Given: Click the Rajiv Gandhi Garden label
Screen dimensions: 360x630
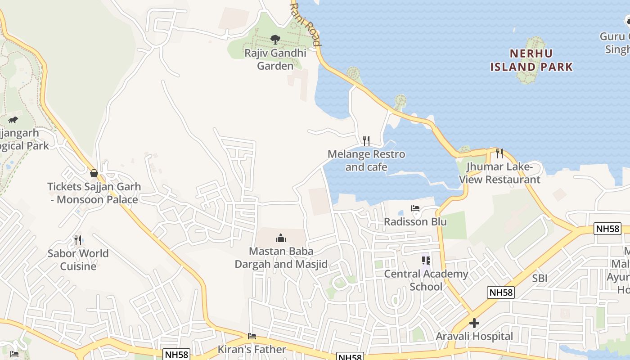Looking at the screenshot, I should point(275,59).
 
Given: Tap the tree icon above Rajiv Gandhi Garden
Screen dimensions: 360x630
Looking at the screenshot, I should point(275,40).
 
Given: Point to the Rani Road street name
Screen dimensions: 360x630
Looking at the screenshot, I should point(306,25).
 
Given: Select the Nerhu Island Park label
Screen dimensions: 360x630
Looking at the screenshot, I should point(531,60).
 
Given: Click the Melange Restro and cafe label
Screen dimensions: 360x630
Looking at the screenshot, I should point(366,161).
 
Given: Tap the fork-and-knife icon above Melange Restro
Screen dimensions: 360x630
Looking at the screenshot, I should point(366,141).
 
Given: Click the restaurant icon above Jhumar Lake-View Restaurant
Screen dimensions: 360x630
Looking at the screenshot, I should point(499,153).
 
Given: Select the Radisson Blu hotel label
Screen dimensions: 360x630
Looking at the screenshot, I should point(415,222).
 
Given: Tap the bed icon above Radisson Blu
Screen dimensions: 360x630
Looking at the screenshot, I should point(415,208).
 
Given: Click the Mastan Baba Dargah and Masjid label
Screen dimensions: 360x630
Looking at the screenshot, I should point(281,257).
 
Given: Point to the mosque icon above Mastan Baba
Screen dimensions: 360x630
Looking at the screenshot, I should point(281,238).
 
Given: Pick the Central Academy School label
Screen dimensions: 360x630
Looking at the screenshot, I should point(426,280).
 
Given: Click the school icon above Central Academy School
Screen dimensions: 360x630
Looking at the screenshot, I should point(426,261).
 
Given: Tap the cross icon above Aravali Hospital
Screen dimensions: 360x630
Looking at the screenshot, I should point(474,323).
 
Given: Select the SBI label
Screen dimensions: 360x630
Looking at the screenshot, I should point(540,279).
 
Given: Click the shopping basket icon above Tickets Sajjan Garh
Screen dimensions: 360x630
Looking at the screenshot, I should point(94,173).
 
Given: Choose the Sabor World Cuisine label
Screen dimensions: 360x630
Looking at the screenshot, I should point(78,260).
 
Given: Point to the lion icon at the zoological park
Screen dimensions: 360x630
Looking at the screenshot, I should point(13,120).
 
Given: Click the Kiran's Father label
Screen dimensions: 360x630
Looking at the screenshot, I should point(252,349).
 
